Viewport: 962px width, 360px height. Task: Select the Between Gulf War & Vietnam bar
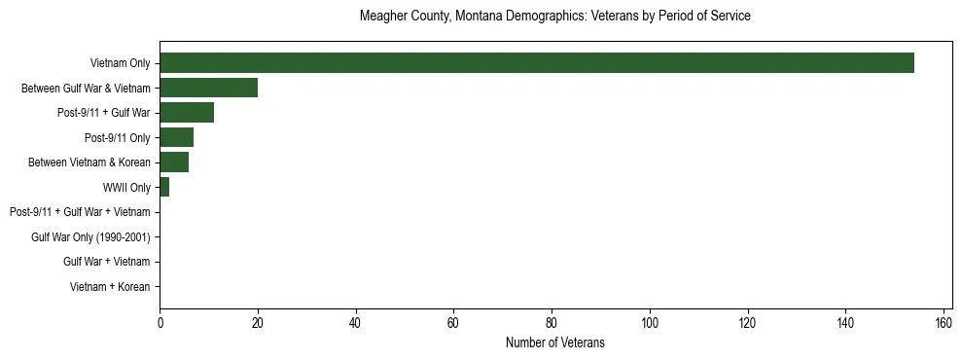[x=208, y=88]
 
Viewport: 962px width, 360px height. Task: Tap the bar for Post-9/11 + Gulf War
[x=187, y=113]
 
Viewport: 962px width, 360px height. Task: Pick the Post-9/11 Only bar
[x=177, y=137]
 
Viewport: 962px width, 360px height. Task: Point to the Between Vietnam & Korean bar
[x=174, y=162]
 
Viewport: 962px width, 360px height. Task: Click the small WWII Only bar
[x=164, y=187]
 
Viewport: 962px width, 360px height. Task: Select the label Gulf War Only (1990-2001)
[x=90, y=237]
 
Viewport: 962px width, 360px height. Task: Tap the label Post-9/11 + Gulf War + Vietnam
[x=80, y=212]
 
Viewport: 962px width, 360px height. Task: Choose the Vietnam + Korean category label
[x=110, y=287]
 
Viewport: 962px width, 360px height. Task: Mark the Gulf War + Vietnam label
[x=106, y=262]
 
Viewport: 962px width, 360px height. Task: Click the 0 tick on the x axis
[x=160, y=322]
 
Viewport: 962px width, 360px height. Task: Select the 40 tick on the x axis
[x=356, y=322]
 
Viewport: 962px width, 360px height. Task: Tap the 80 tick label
[x=552, y=322]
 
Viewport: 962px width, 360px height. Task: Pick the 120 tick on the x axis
[x=747, y=322]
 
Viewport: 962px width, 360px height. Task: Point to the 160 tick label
[x=944, y=322]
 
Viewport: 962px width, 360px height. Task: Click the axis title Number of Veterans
[x=554, y=342]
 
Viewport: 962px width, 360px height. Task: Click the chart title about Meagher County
[x=554, y=17]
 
